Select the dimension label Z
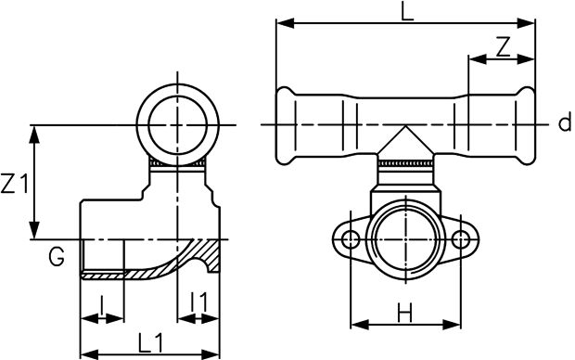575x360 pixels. pyautogui.click(x=503, y=47)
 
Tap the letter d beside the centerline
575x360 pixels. pyautogui.click(x=565, y=122)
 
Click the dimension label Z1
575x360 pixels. pyautogui.click(x=15, y=184)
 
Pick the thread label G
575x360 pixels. pyautogui.click(x=57, y=256)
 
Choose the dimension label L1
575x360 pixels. pyautogui.click(x=150, y=343)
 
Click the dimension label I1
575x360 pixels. pyautogui.click(x=199, y=302)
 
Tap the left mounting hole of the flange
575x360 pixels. pyautogui.click(x=351, y=240)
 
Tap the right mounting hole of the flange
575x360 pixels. pyautogui.click(x=461, y=240)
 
